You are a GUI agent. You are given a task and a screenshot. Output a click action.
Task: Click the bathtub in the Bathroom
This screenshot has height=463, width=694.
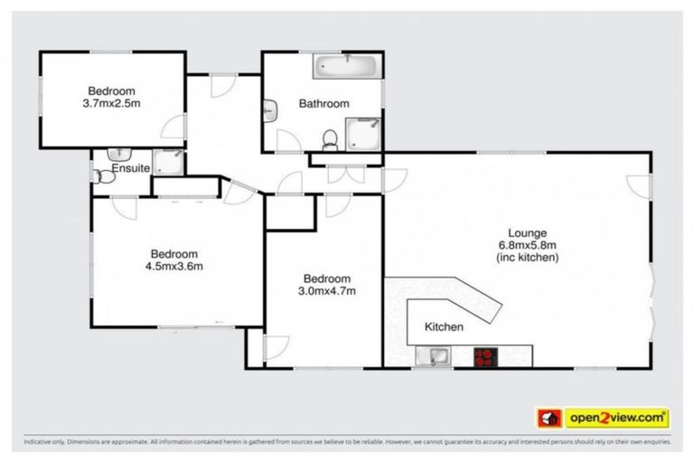point(347,68)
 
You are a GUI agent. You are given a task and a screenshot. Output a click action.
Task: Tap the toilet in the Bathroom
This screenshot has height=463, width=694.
point(331,138)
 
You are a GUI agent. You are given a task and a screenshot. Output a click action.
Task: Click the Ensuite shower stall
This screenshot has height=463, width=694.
point(167,162)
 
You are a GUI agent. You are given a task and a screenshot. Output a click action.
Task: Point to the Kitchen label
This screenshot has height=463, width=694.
point(444,326)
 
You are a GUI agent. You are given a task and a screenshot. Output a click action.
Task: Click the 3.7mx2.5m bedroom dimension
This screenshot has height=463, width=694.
point(111,103)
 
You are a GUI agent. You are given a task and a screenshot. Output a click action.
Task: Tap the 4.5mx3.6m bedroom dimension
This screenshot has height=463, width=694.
point(174,266)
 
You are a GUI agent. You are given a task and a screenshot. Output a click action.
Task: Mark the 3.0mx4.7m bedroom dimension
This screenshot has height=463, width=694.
point(328,291)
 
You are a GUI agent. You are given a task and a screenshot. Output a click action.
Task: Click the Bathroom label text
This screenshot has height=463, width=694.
point(324,104)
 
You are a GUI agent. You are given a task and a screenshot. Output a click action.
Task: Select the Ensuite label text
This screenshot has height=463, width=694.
point(130,168)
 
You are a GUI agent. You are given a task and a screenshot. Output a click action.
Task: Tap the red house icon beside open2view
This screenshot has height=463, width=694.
point(549,417)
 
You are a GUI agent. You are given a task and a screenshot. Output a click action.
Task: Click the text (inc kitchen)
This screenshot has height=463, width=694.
point(528,258)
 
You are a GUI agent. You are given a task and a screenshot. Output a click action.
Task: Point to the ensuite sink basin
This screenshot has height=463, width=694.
point(118,153)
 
